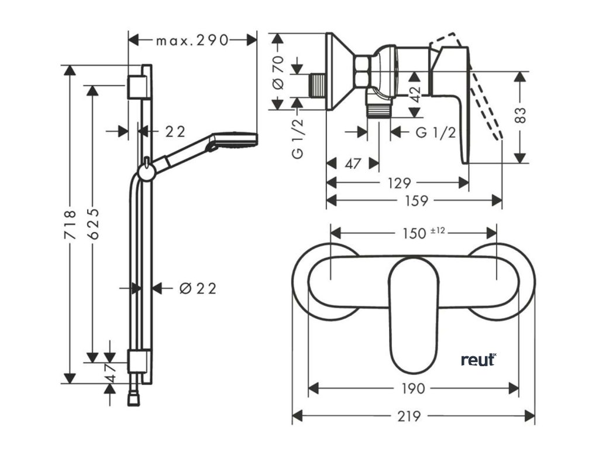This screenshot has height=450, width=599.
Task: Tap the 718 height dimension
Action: click(70, 224)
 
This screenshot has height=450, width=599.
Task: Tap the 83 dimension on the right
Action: click(521, 115)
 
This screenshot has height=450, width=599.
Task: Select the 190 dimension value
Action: click(414, 388)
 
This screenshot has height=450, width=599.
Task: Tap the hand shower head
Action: click(234, 139)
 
